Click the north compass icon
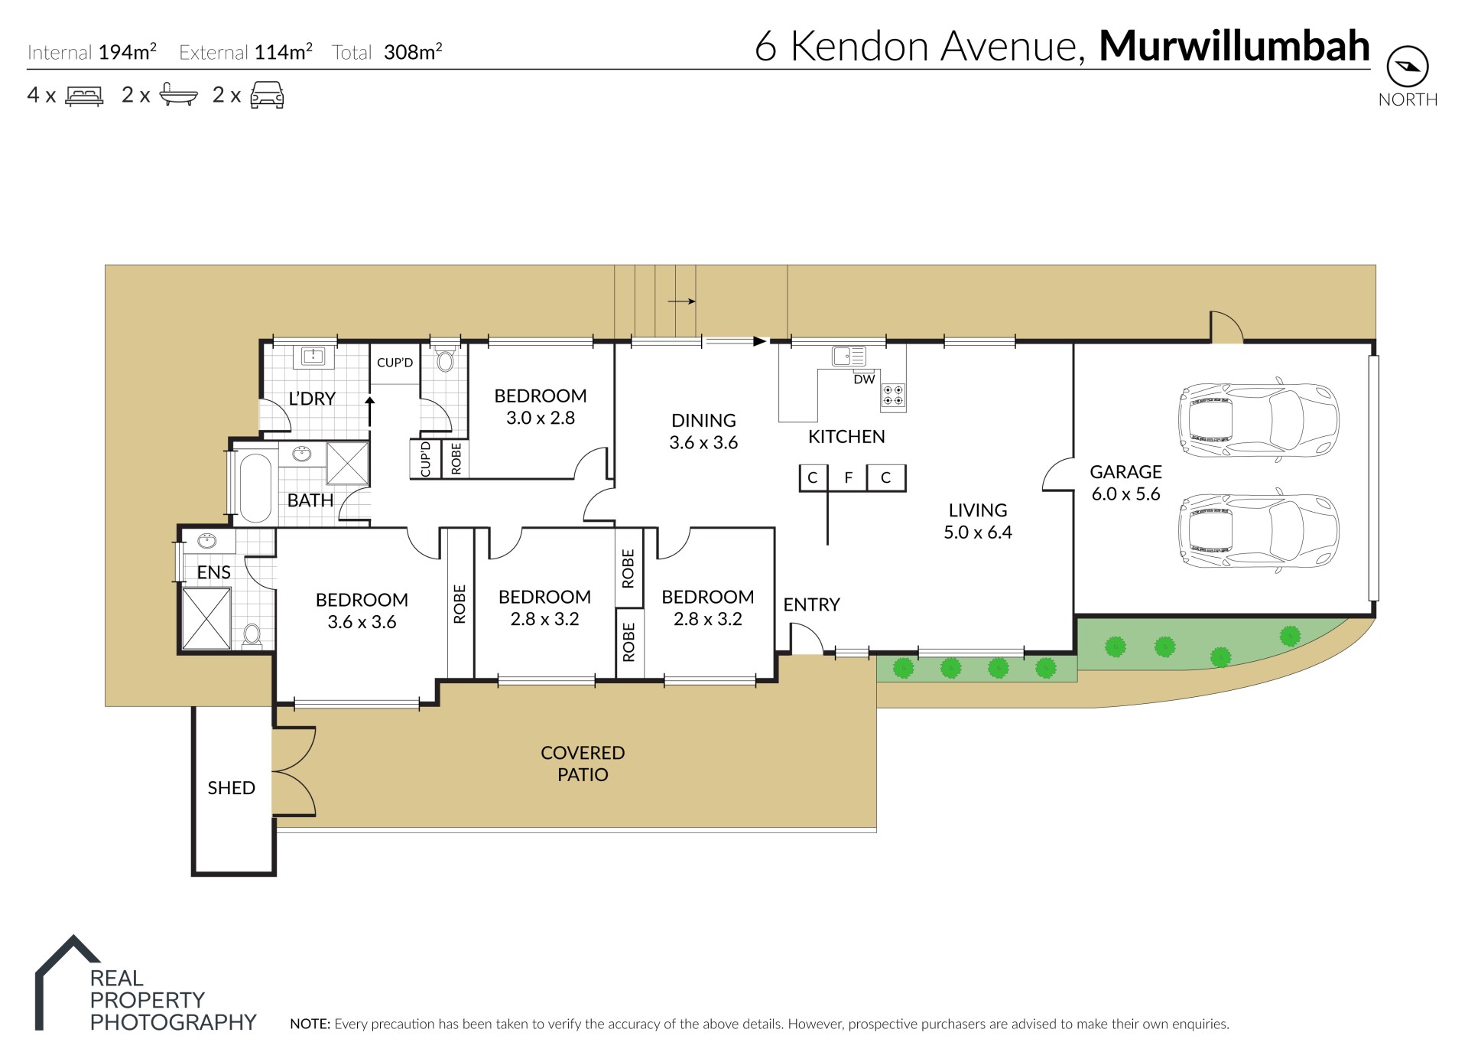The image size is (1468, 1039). [1407, 67]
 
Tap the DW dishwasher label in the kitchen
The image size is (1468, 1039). [864, 379]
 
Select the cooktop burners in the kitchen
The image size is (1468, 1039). [893, 395]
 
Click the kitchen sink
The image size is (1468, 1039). [849, 357]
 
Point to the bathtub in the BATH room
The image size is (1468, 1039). [255, 488]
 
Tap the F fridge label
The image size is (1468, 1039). [848, 478]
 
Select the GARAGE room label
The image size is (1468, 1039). [1125, 472]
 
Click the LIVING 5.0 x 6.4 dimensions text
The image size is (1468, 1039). [977, 533]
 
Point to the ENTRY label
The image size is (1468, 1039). [811, 604]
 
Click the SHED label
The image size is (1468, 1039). [231, 788]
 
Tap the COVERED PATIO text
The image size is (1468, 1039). [583, 764]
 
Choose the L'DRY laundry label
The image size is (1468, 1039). [312, 399]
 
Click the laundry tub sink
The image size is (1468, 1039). [313, 356]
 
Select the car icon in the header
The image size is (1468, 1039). [268, 95]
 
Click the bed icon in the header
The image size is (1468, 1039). [84, 96]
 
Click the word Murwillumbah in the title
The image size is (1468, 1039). [1234, 46]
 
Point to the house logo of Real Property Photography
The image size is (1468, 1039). [67, 982]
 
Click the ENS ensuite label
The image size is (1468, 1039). [213, 572]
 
